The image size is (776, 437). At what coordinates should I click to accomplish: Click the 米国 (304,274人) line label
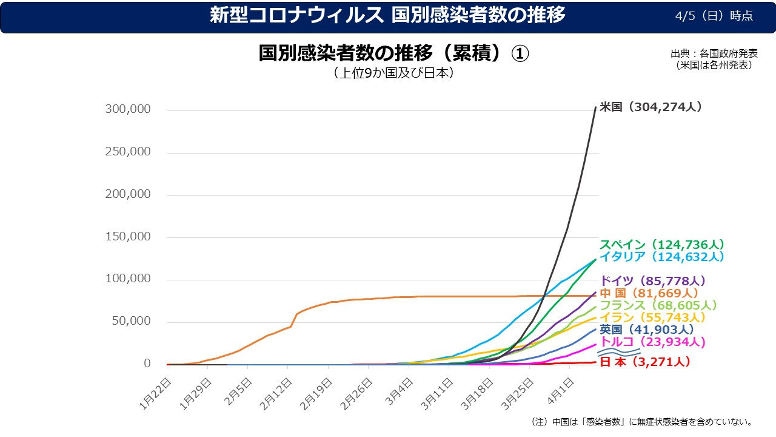(x=651, y=107)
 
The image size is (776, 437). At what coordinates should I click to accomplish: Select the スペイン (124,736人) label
(x=662, y=245)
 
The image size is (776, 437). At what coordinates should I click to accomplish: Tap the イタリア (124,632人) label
(x=662, y=257)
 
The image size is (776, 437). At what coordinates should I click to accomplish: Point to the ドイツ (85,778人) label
(x=653, y=281)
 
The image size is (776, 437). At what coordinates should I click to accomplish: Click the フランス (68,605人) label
(x=658, y=305)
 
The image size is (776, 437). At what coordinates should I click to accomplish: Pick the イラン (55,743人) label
(x=653, y=317)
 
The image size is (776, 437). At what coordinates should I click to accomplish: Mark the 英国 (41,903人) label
(x=647, y=330)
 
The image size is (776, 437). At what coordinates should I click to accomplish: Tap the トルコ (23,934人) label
(x=653, y=342)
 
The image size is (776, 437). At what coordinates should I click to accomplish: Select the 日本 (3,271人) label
(x=645, y=362)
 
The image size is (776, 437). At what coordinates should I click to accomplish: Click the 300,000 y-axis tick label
(x=128, y=110)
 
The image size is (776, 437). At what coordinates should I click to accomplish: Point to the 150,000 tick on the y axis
(x=128, y=237)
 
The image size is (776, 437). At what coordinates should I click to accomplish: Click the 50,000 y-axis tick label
(x=131, y=321)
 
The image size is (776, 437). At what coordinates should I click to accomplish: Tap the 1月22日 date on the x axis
(x=157, y=394)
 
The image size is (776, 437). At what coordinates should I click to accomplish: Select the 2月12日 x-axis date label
(x=277, y=394)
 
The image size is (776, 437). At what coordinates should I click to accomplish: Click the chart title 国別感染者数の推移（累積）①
(x=393, y=53)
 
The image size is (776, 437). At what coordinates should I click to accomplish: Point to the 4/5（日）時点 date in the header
(x=714, y=16)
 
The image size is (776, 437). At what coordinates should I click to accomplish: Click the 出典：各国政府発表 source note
(x=714, y=53)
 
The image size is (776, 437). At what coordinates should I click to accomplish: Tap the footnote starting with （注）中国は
(x=641, y=421)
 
